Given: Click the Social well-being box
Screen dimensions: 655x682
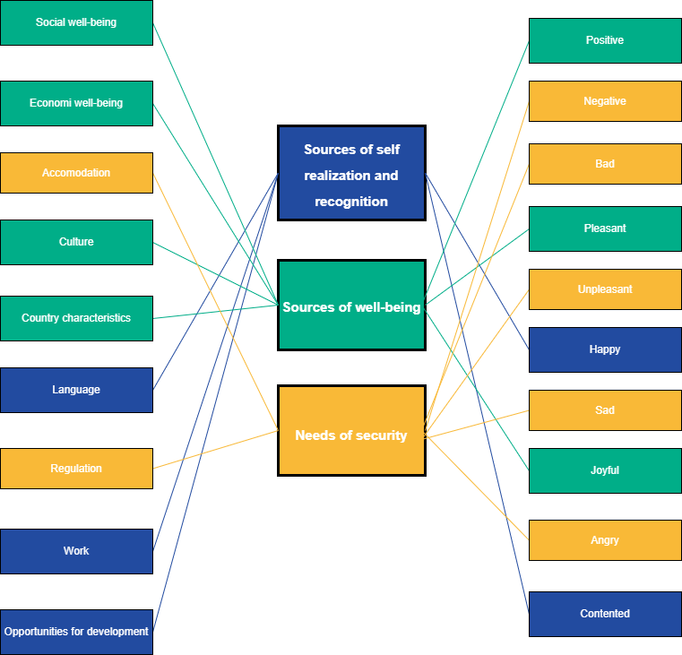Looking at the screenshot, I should click(76, 22).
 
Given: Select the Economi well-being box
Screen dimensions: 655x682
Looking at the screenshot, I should click(76, 103).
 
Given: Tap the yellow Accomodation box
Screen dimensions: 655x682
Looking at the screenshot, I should click(76, 173).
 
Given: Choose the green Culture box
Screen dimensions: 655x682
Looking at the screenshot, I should click(76, 242).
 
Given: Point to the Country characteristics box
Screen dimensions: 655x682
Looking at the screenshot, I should click(76, 318).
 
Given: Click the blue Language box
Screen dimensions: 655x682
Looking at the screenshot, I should click(76, 390).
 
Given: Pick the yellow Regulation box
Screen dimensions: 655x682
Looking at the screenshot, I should click(76, 469).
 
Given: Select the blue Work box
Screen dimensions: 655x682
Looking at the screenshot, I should click(76, 551).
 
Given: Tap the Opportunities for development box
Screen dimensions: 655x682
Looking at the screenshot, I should click(76, 632).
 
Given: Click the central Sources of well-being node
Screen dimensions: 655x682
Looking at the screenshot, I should click(351, 307).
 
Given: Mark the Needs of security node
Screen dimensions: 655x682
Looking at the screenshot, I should click(351, 435).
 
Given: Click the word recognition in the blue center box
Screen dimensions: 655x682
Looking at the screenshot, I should click(351, 202).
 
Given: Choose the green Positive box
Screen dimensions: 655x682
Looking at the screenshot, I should click(605, 40).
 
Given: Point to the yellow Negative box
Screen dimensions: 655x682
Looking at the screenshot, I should click(605, 101).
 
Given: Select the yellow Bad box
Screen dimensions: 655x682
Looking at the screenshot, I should click(605, 164).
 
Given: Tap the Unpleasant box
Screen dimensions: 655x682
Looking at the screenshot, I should click(605, 289).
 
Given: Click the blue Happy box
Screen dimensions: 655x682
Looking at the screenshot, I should click(605, 349).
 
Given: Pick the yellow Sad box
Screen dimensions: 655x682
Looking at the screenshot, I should click(605, 410).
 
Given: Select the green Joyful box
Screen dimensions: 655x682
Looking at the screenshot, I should click(605, 470).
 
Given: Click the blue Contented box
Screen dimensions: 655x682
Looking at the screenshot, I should click(605, 614).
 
